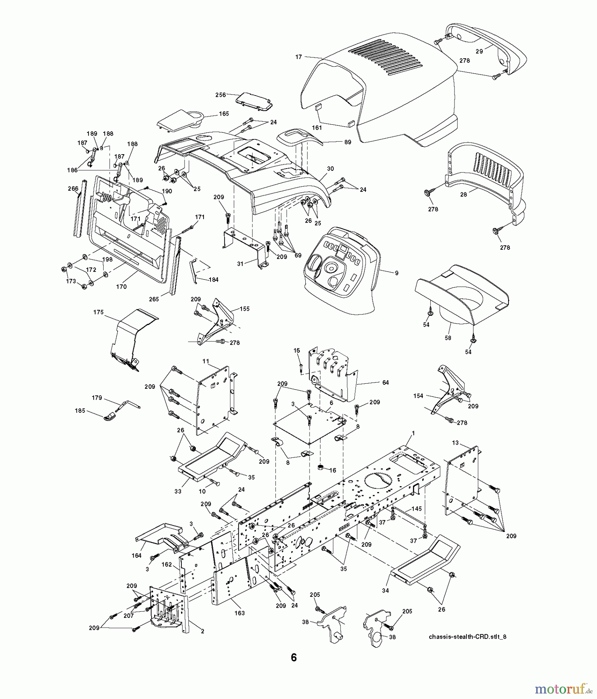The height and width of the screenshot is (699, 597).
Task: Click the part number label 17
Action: (x=298, y=57)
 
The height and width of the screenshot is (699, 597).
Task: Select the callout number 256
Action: (x=221, y=94)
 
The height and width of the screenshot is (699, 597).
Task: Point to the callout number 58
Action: (x=448, y=338)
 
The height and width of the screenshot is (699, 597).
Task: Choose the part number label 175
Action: (x=98, y=312)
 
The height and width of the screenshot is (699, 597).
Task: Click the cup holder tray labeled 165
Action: (x=183, y=118)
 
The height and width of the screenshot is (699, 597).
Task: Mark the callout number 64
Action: (x=385, y=383)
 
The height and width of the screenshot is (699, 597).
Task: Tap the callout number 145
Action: (x=416, y=509)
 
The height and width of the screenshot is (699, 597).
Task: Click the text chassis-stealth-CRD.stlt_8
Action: (x=467, y=636)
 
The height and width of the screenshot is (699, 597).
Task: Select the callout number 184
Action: (x=213, y=279)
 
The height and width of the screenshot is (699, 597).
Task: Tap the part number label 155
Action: (x=245, y=309)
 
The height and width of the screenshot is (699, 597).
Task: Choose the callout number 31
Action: (x=240, y=264)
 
